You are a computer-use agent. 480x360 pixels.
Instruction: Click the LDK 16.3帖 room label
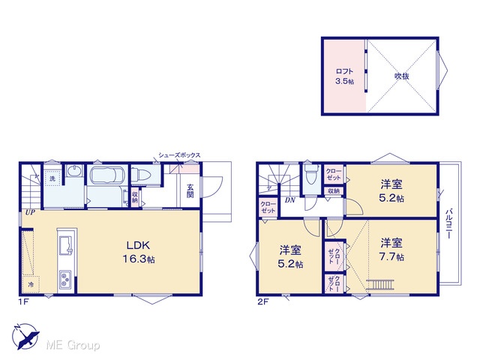click(x=139, y=252)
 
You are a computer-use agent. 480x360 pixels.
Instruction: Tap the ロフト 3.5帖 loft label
click(x=345, y=76)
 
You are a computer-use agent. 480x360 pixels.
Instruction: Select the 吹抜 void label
click(x=402, y=76)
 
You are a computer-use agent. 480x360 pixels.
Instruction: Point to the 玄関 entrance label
click(x=190, y=190)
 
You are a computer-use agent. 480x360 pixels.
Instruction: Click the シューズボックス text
click(x=179, y=155)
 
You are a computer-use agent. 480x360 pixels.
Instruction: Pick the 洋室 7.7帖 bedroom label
click(x=391, y=250)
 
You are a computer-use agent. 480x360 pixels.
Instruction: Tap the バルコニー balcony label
click(x=448, y=223)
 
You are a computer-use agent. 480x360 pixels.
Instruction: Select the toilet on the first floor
click(x=142, y=175)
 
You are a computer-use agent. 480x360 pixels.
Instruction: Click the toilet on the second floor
click(x=312, y=174)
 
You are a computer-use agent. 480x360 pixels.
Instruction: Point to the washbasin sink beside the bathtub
click(x=74, y=171)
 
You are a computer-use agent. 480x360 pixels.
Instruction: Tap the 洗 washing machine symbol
click(x=52, y=178)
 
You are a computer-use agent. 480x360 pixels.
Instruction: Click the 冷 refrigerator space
click(x=31, y=284)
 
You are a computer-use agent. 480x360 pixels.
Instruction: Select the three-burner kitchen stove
click(x=65, y=280)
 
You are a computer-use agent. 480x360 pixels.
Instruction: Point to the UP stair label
click(x=30, y=212)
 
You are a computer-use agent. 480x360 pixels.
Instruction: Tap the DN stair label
click(x=290, y=200)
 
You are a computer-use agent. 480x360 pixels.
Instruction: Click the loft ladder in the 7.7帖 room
click(x=380, y=284)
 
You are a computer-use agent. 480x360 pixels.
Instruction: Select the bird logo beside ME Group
click(x=25, y=336)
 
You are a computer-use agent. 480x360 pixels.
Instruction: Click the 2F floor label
click(x=263, y=301)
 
